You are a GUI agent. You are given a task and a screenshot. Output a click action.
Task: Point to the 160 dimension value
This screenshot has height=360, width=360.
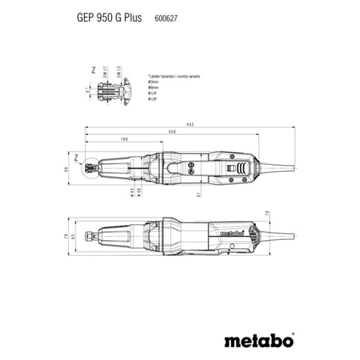124,139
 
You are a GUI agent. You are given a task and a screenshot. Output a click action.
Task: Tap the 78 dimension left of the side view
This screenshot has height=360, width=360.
65,238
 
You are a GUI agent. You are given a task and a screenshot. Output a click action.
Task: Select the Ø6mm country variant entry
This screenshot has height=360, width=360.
153,89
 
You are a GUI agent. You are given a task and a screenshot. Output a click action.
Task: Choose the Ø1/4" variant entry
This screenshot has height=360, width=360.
153,94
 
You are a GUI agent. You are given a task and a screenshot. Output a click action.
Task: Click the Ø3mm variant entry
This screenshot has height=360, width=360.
153,84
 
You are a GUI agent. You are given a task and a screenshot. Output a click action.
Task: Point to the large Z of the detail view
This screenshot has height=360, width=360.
92,70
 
